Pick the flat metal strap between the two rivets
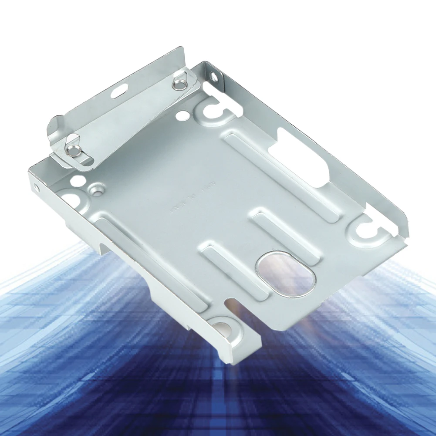point(126,118)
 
